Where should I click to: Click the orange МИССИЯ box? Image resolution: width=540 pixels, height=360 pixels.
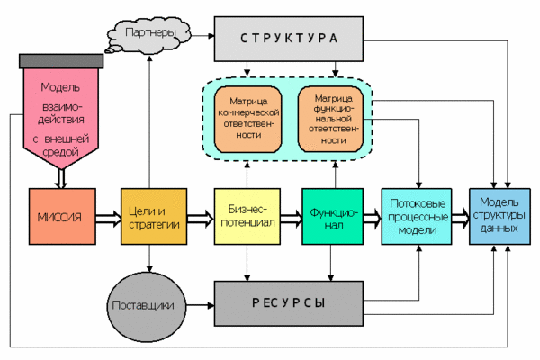click(61, 217)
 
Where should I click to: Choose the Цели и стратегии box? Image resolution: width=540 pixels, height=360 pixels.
click(151, 217)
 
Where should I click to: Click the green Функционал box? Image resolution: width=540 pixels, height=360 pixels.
click(332, 217)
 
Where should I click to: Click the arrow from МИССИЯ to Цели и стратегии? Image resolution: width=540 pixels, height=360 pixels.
click(106, 217)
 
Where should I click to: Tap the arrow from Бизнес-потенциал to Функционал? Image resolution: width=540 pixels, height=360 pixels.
click(291, 217)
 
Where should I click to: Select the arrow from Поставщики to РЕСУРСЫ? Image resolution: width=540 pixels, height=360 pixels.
click(197, 303)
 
